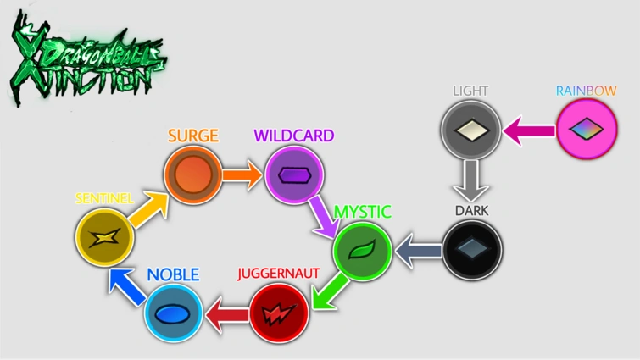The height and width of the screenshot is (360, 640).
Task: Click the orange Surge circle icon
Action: (192, 175)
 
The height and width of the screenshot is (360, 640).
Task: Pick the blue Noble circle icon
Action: (174, 313)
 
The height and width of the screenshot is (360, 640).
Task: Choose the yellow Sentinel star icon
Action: (105, 236)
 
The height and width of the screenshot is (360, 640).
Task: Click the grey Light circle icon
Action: (471, 131)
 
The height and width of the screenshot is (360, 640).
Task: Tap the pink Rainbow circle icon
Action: (587, 130)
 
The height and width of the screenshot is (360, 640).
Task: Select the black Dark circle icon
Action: (471, 249)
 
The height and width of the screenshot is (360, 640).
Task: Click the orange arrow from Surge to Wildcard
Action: (243, 175)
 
